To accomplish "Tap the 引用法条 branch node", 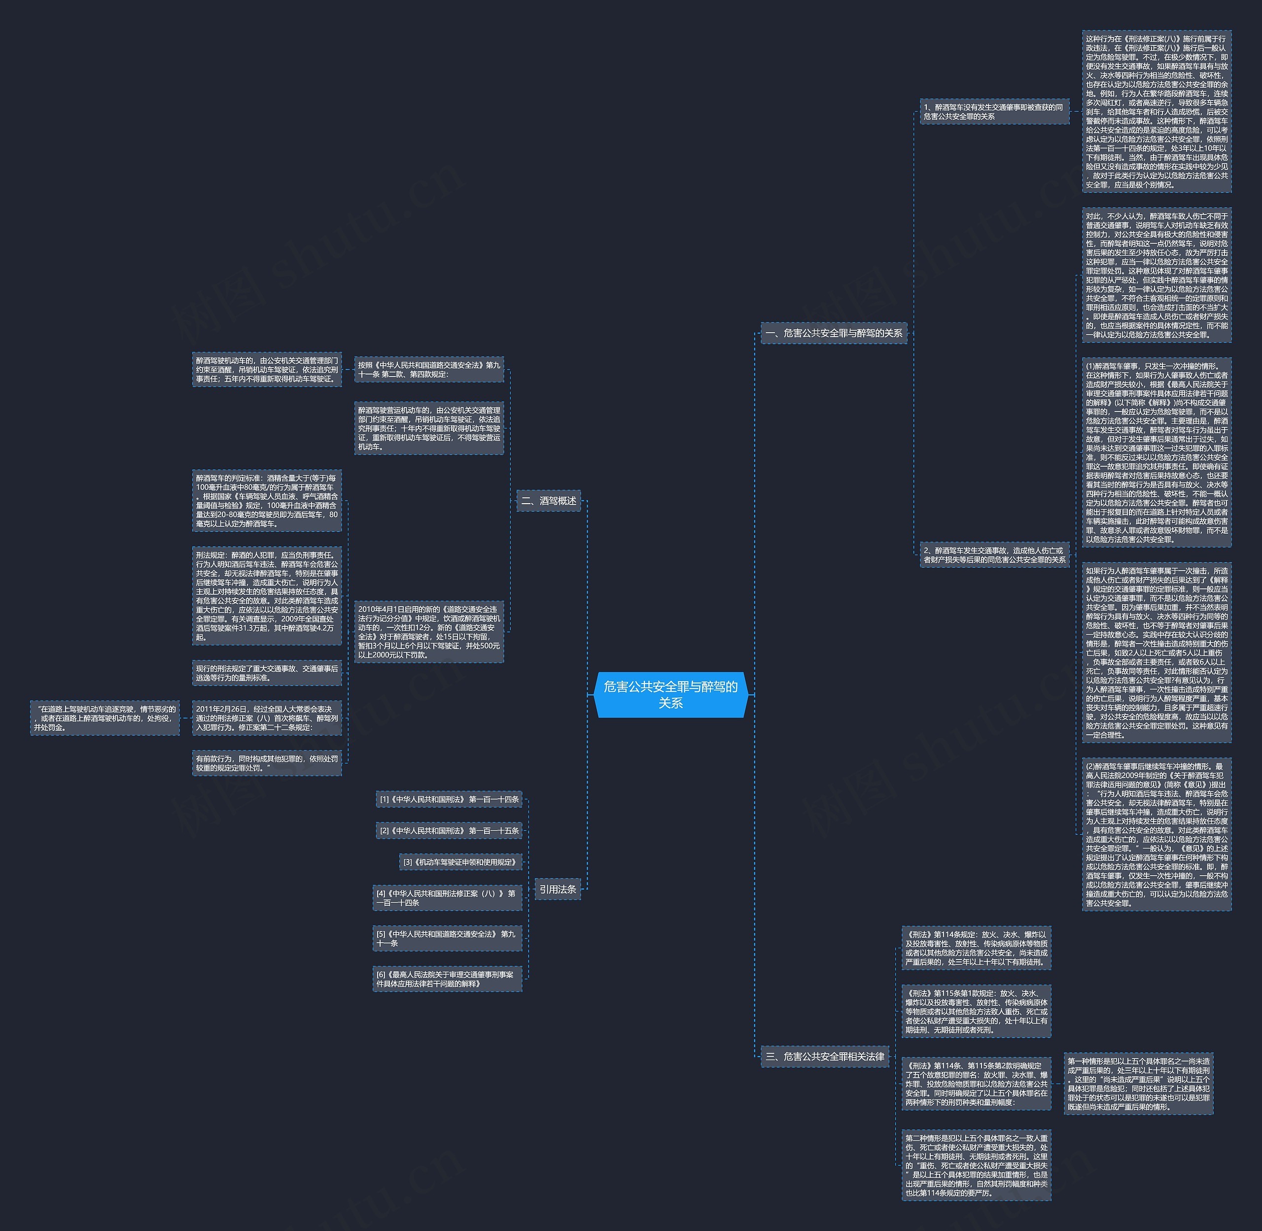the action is click(558, 889).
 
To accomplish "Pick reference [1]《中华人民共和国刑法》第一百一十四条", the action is click(449, 799).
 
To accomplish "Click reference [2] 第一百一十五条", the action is click(449, 830).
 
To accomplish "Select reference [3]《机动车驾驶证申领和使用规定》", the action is click(460, 862).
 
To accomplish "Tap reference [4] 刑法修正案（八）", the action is click(447, 897).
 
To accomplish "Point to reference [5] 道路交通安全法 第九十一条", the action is click(447, 938).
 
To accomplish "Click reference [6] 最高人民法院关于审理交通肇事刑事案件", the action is click(447, 978).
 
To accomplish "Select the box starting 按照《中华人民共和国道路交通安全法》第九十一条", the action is click(429, 369).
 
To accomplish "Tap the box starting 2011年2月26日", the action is click(267, 718).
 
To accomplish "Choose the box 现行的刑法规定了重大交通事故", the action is click(267, 673).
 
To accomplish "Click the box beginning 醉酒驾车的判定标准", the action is click(267, 500).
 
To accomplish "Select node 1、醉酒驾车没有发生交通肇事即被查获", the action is click(994, 111).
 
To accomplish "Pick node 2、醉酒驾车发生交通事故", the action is click(994, 555).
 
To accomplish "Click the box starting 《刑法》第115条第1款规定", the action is click(976, 1011).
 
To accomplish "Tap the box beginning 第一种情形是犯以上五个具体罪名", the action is click(1138, 1084).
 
